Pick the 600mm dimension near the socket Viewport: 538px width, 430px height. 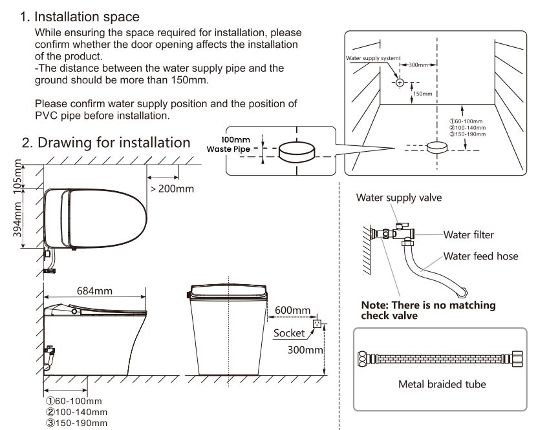point(292,311)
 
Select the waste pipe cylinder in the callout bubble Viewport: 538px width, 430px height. point(297,151)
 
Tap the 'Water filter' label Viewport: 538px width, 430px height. point(469,234)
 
